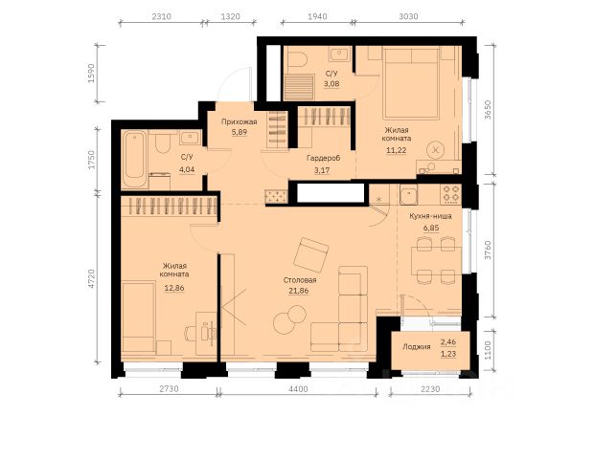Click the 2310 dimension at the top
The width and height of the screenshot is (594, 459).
click(x=161, y=16)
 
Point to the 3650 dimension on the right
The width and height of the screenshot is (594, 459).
click(x=488, y=110)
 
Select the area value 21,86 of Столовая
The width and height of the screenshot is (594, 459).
click(x=298, y=291)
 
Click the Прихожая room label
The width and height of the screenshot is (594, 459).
click(x=240, y=121)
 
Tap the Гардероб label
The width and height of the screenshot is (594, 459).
click(x=324, y=158)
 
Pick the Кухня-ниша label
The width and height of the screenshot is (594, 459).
click(x=430, y=216)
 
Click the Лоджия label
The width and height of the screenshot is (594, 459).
click(x=417, y=347)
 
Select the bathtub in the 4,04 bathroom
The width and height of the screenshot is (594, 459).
click(x=134, y=159)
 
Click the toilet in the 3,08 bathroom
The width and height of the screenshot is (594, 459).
click(x=297, y=58)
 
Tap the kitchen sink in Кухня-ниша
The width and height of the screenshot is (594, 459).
click(x=408, y=194)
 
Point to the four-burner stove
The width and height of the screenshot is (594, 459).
click(x=451, y=193)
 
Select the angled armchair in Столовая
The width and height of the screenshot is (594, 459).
click(x=311, y=254)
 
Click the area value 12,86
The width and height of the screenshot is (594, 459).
click(x=174, y=288)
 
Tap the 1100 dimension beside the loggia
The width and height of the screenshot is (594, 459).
click(x=488, y=350)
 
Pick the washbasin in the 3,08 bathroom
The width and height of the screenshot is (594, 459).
click(x=340, y=55)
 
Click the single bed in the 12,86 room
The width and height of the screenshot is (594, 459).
click(x=139, y=317)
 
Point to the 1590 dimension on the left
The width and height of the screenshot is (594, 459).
click(x=91, y=74)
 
